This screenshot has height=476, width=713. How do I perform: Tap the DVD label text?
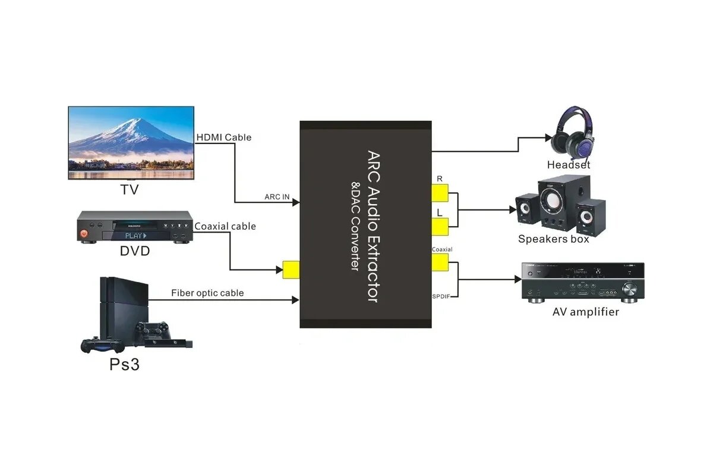[x=135, y=251]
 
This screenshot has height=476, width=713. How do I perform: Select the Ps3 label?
[x=125, y=364]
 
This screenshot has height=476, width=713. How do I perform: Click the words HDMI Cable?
[x=224, y=137]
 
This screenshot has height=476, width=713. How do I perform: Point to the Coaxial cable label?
[x=225, y=226]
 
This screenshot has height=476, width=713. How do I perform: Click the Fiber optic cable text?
[x=207, y=293]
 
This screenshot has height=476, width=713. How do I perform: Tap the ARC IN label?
[x=277, y=196]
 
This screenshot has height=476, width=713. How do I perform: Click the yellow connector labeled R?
[x=440, y=193]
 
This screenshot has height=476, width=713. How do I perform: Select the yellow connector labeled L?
[x=440, y=227]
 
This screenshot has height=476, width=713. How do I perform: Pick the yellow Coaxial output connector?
[x=440, y=262]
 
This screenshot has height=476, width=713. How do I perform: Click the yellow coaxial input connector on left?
[x=291, y=270]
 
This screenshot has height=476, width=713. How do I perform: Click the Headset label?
[x=569, y=165]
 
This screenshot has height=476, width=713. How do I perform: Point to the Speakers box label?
[x=554, y=239]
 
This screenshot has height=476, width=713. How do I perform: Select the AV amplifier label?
[x=585, y=312]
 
